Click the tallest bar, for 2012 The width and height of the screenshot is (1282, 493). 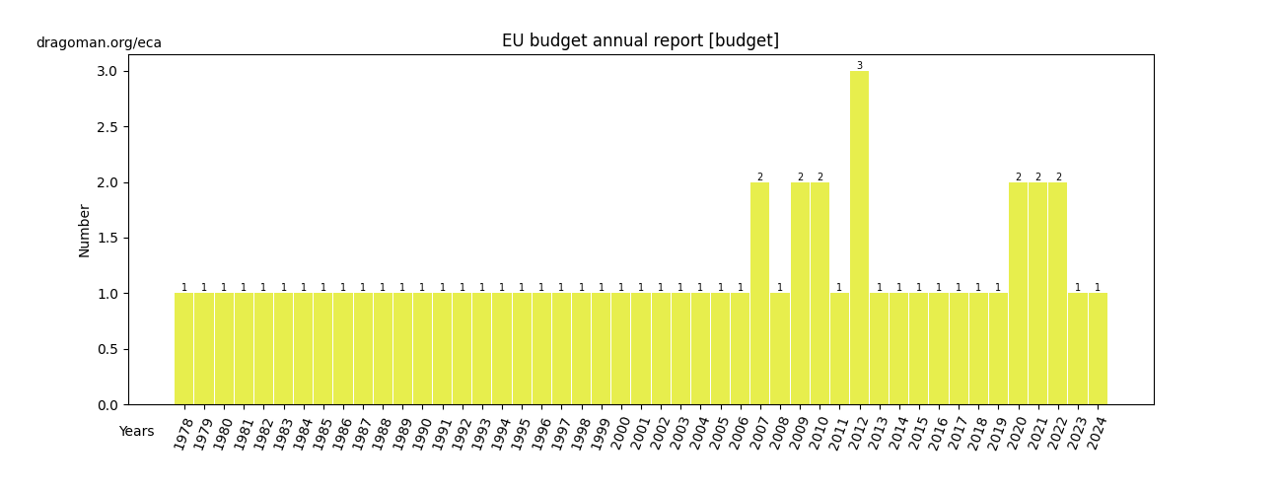coord(859,238)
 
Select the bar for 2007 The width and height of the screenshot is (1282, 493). coord(759,294)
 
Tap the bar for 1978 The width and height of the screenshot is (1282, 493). coord(183,349)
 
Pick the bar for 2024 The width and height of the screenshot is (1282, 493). coord(1098,349)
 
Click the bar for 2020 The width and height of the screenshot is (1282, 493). coord(1018,294)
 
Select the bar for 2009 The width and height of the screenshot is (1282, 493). coord(800,294)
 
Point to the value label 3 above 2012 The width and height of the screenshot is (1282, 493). coord(859,66)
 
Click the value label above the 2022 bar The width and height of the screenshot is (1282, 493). coord(1058,177)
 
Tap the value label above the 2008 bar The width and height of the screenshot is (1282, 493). coord(780,288)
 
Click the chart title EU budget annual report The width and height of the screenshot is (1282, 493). coord(640,40)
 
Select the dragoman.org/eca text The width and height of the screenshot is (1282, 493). coord(99,43)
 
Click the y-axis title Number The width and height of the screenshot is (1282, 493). coord(85,231)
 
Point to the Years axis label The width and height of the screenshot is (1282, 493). coord(136,432)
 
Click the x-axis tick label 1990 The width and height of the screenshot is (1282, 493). coord(419,435)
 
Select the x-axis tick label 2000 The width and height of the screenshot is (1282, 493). coord(618,435)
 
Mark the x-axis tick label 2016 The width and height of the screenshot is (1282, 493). coord(936,435)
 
